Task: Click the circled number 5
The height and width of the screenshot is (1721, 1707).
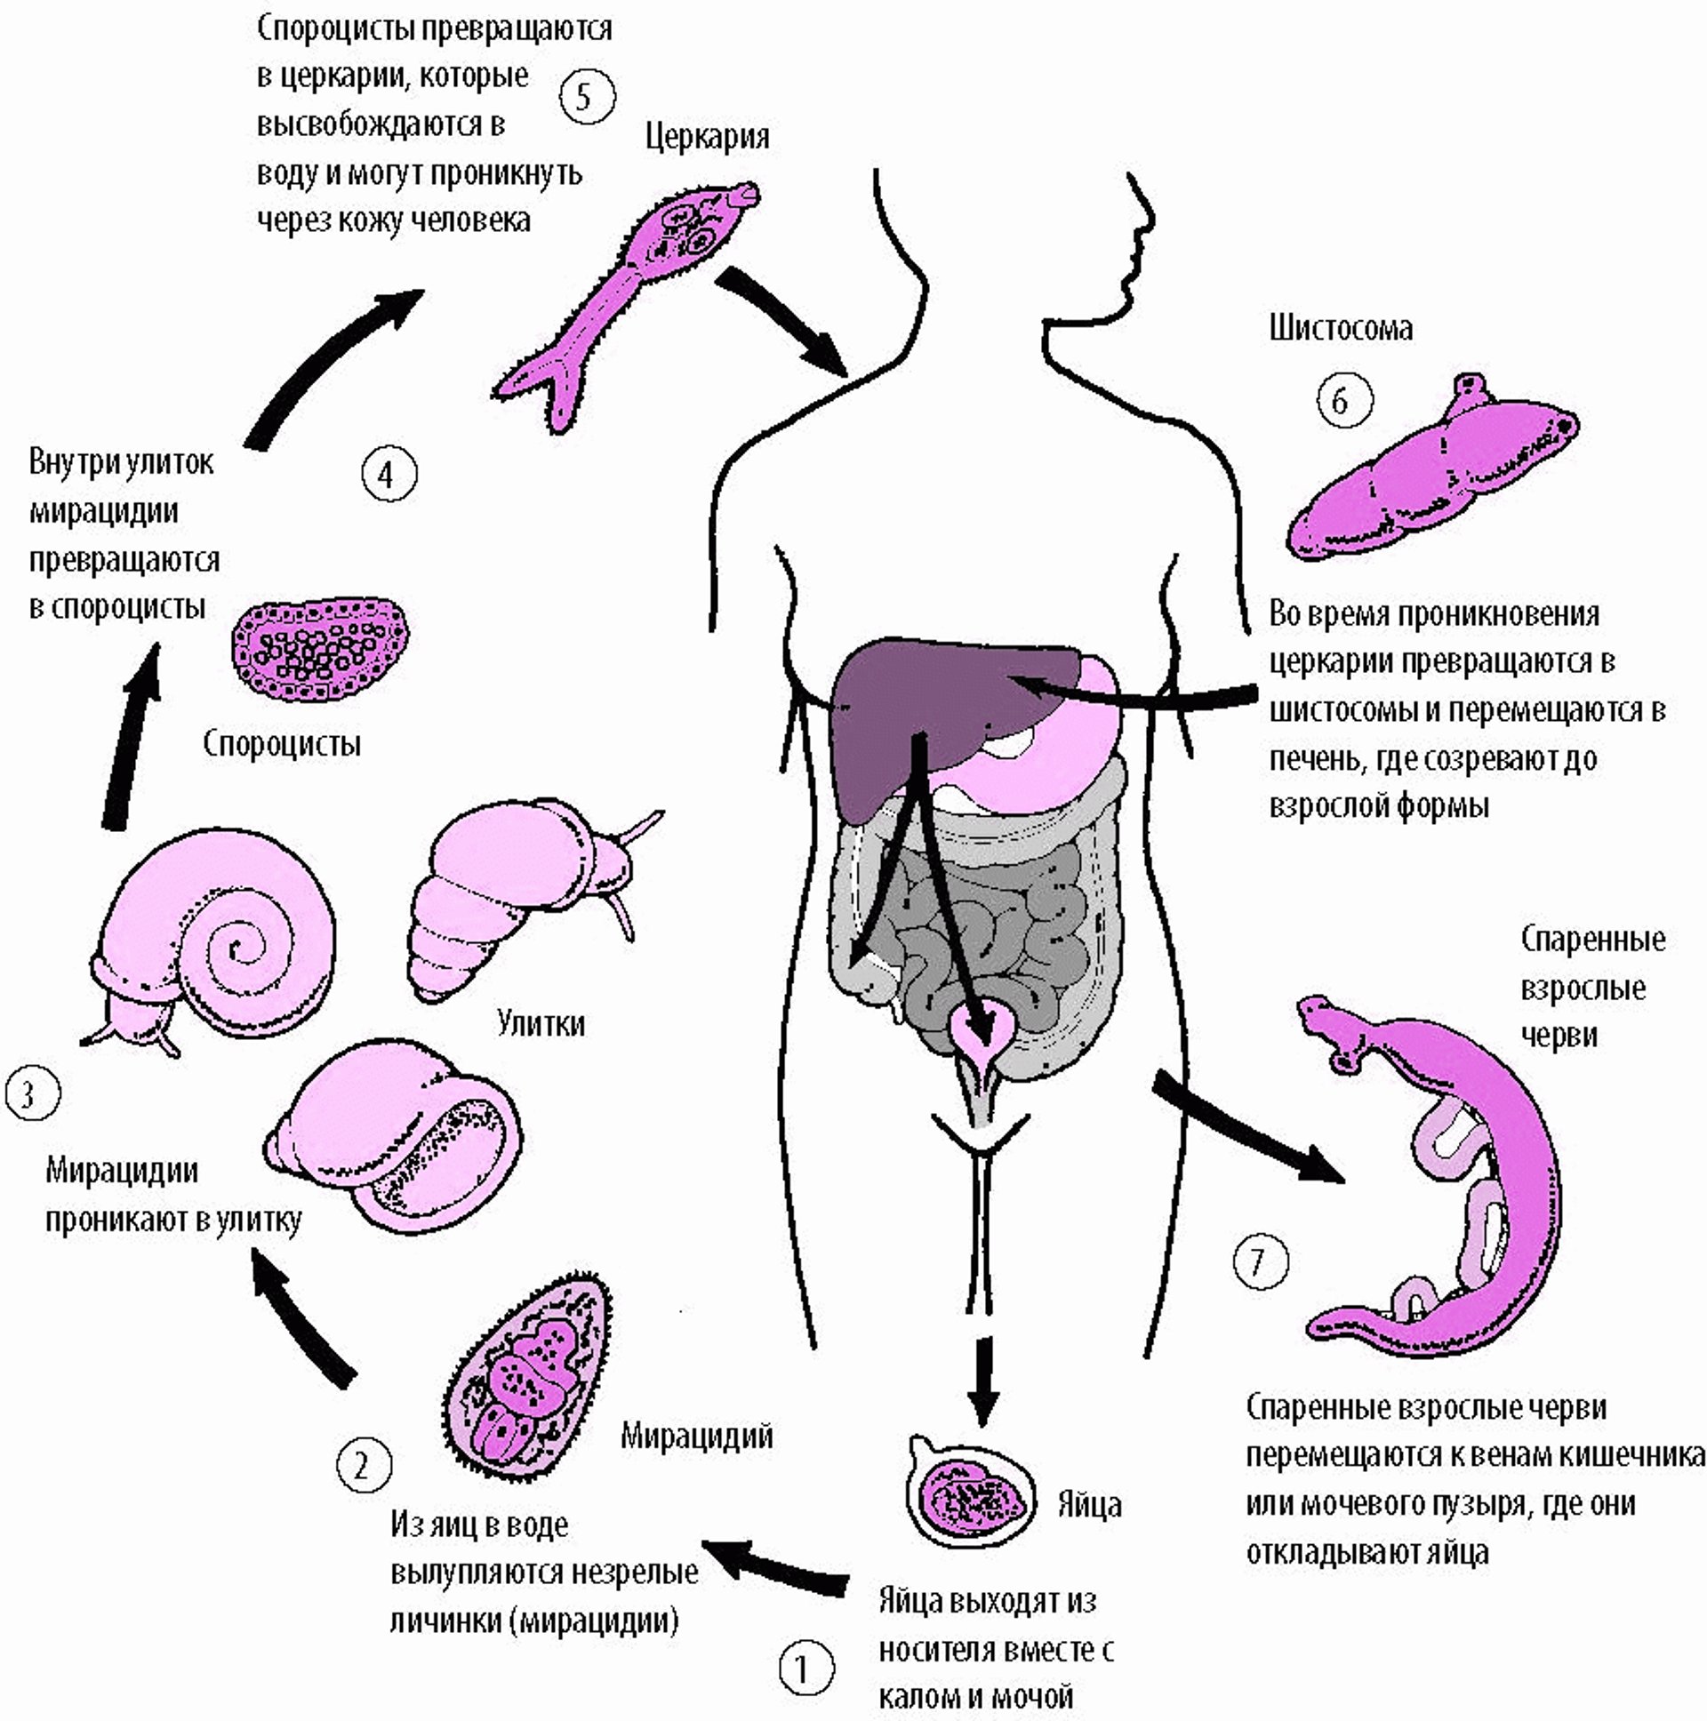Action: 586,96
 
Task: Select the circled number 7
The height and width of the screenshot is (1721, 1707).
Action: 1260,1261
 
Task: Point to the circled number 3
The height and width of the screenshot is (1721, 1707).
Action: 32,1093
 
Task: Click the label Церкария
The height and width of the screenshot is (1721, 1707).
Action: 707,137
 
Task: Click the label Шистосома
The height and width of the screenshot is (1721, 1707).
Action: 1341,329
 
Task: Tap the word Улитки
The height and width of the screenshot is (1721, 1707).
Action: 541,1023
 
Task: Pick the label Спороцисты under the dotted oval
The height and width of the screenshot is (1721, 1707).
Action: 282,743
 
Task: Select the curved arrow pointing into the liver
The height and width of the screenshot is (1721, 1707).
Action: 1141,697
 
